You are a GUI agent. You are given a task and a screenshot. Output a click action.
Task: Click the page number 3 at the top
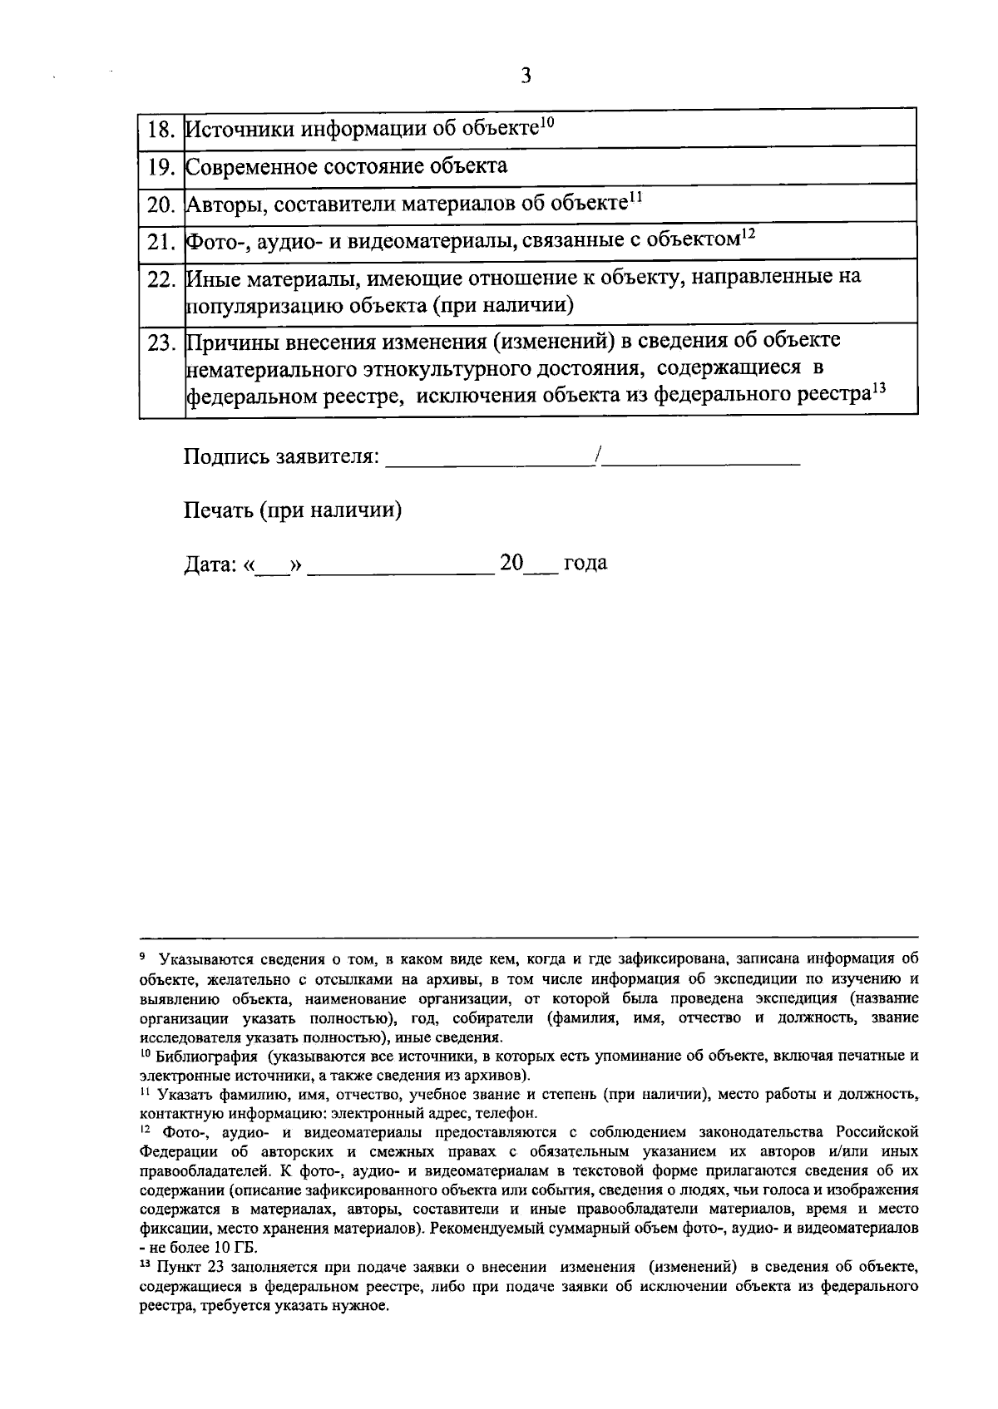tap(525, 76)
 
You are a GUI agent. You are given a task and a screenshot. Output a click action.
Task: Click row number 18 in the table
tap(161, 130)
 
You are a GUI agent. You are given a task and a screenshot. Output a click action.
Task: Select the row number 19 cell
tap(161, 166)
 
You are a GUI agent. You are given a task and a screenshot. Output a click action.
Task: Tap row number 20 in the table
tap(161, 204)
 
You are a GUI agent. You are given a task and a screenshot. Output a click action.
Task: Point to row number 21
tap(161, 241)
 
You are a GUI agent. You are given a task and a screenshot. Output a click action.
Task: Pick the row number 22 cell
tap(161, 278)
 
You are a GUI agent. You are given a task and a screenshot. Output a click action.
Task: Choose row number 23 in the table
tap(161, 342)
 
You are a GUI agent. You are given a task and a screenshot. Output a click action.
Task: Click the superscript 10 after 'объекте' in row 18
tap(546, 123)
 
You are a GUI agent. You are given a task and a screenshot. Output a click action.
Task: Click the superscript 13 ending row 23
tap(880, 387)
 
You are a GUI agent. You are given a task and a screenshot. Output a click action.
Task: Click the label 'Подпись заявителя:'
tap(281, 456)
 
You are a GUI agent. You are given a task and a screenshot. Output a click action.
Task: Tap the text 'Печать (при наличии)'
tap(293, 510)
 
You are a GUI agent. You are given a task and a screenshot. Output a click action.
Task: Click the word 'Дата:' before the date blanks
tap(210, 564)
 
